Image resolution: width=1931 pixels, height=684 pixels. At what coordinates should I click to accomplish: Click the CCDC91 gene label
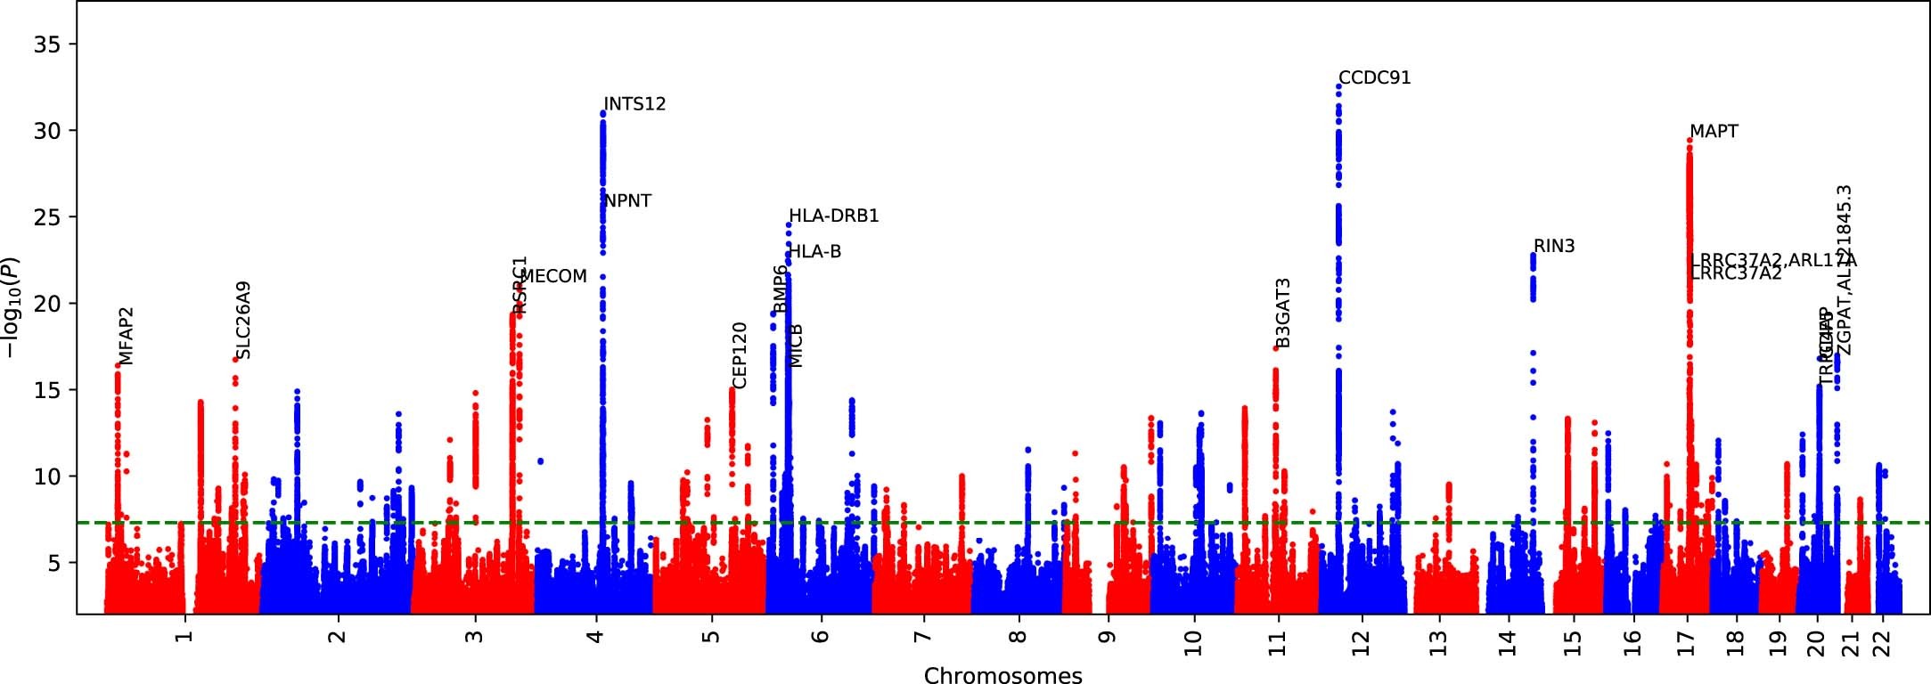point(1374,78)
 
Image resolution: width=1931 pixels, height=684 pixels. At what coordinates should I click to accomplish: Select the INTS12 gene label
point(634,104)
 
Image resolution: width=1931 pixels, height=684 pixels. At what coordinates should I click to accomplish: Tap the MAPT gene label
point(1714,132)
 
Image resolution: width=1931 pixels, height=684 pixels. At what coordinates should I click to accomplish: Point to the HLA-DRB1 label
point(834,216)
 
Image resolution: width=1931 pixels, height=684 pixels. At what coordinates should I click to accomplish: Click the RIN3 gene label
point(1554,247)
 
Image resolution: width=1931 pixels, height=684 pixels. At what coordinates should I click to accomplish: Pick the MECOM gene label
point(553,277)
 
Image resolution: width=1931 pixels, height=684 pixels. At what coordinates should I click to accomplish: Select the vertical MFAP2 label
point(126,336)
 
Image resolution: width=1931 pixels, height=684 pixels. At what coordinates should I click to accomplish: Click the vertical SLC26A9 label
point(243,320)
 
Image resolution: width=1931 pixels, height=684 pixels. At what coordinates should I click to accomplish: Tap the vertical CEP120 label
point(740,355)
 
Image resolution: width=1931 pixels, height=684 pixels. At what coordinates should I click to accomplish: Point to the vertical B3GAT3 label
point(1283,313)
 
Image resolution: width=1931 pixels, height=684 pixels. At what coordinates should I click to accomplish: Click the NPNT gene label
point(628,201)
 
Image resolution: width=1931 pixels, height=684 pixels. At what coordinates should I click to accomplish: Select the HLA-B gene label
point(815,252)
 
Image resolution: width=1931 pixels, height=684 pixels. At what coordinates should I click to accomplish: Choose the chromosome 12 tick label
point(1361,642)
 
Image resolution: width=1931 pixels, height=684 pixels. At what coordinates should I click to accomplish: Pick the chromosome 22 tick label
point(1881,642)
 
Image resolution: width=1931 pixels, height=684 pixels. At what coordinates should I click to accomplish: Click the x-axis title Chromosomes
point(1002,675)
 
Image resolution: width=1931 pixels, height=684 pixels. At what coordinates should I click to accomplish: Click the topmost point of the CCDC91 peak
point(1338,86)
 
